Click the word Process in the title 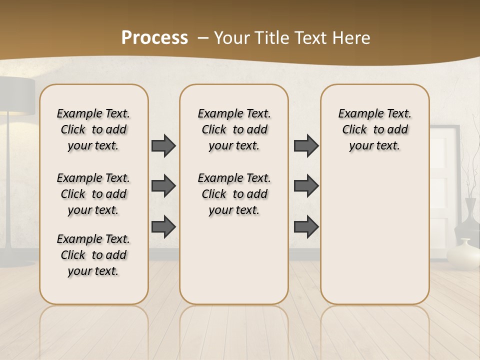154,37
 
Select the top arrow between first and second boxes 163,145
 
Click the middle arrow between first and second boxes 163,186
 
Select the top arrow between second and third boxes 306,145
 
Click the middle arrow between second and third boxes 306,186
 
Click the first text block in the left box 93,129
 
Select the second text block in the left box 93,194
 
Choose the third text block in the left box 93,255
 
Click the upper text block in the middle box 234,129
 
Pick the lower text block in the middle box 234,194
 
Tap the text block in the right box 374,129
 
